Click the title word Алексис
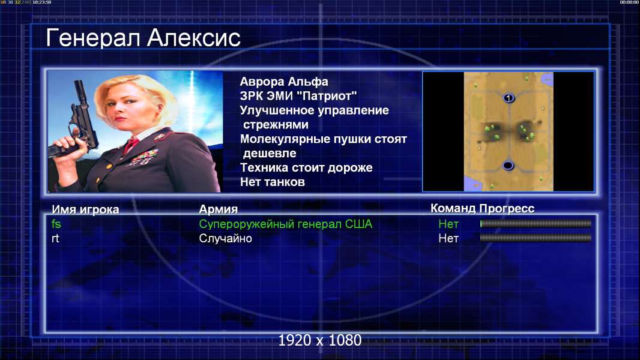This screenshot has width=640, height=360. point(194,38)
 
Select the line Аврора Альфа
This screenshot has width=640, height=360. point(283,82)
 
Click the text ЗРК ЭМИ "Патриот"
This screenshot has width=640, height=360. point(298,96)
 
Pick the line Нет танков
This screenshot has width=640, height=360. point(272,182)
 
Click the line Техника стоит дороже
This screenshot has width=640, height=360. point(306,167)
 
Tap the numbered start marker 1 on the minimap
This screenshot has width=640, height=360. point(508,98)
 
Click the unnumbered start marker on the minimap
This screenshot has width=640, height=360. point(508,165)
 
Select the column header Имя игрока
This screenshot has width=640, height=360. point(85,209)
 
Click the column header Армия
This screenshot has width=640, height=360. point(218,209)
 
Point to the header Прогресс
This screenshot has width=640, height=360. point(507,208)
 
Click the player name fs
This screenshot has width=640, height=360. point(56,224)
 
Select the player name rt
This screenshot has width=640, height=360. point(55,238)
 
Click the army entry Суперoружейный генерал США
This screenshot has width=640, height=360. point(285,224)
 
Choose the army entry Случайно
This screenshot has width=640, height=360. point(225,238)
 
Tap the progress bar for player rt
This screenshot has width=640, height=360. point(536,238)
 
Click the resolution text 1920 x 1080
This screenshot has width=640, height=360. point(319,340)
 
